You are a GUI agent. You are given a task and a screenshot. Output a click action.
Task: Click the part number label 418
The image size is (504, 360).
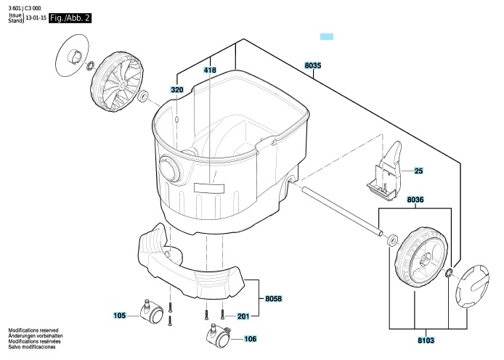210,70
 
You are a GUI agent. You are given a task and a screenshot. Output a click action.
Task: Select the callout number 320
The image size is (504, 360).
176,90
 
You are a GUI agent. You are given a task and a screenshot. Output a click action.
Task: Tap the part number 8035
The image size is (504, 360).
313,65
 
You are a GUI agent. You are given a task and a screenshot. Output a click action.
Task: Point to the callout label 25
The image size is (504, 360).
418,171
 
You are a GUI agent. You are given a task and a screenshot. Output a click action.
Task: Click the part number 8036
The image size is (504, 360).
415,200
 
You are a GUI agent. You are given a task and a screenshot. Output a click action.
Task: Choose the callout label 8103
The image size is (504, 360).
426,340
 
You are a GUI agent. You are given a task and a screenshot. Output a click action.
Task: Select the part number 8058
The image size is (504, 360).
273,298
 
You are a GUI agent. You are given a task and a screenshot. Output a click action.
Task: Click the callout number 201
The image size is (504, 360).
243,316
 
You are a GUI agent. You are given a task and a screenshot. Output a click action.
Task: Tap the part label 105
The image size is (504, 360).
119,316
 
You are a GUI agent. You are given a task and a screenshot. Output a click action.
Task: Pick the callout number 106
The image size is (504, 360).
250,339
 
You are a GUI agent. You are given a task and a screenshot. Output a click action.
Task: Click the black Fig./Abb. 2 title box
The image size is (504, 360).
70,18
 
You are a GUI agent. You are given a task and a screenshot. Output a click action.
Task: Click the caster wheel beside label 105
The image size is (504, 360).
152,311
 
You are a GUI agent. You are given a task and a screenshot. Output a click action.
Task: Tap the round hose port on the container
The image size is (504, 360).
171,169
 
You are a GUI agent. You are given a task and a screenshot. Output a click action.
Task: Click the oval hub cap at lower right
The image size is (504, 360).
472,287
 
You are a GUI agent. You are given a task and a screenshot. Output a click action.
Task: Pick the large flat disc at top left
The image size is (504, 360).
73,55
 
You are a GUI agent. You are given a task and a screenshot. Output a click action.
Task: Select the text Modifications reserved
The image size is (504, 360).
33,330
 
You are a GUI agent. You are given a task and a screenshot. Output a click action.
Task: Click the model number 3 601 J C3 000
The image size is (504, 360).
25,9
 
